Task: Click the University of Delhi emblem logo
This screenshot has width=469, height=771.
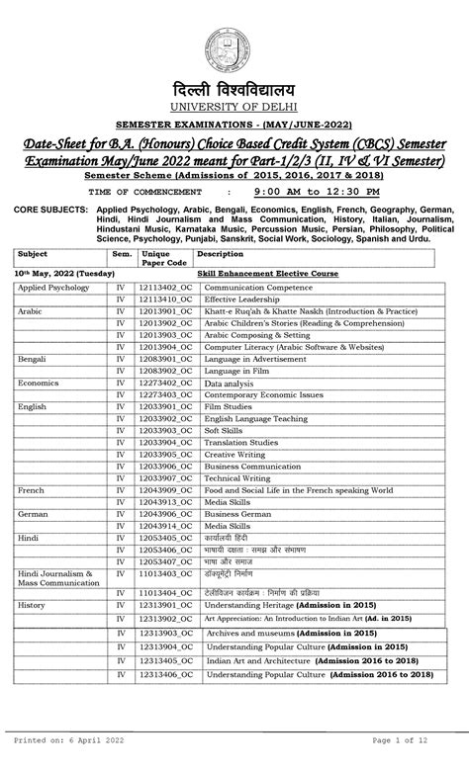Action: point(234,46)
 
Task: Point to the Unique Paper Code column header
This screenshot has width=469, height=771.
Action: point(163,258)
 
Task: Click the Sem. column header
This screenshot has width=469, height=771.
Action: point(121,253)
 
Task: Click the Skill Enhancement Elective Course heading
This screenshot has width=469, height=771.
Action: point(267,273)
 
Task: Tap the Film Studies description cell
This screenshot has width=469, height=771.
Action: point(228,406)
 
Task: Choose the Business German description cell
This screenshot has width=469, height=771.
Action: point(237,514)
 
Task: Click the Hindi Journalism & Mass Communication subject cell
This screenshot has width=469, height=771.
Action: point(55,578)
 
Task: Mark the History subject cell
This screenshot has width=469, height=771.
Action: point(32,605)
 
